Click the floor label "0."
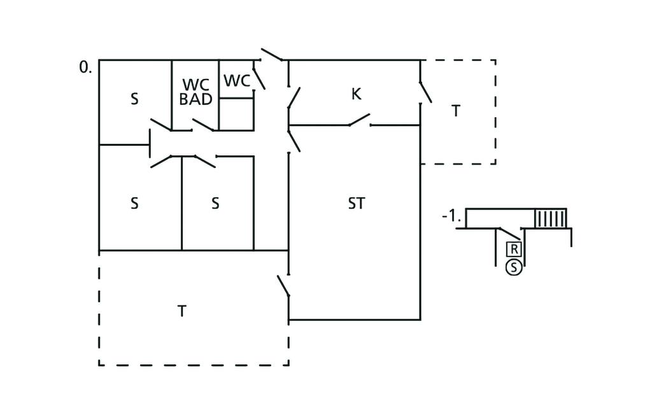[x=85, y=67]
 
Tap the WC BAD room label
[x=196, y=92]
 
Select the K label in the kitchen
[x=356, y=94]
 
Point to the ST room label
[x=357, y=203]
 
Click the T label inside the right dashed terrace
[x=456, y=111]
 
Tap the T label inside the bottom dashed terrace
[x=181, y=311]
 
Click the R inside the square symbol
[x=514, y=250]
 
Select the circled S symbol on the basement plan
[x=514, y=268]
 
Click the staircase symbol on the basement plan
[x=551, y=218]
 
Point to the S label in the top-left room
[x=134, y=99]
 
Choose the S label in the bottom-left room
[x=134, y=203]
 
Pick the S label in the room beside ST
[x=215, y=203]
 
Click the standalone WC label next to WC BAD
[x=237, y=81]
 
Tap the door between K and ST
[x=359, y=119]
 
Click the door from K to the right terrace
[x=425, y=92]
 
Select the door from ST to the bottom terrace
[x=283, y=286]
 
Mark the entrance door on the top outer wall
[x=272, y=55]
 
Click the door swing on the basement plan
[x=509, y=234]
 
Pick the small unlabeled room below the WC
[x=236, y=115]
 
